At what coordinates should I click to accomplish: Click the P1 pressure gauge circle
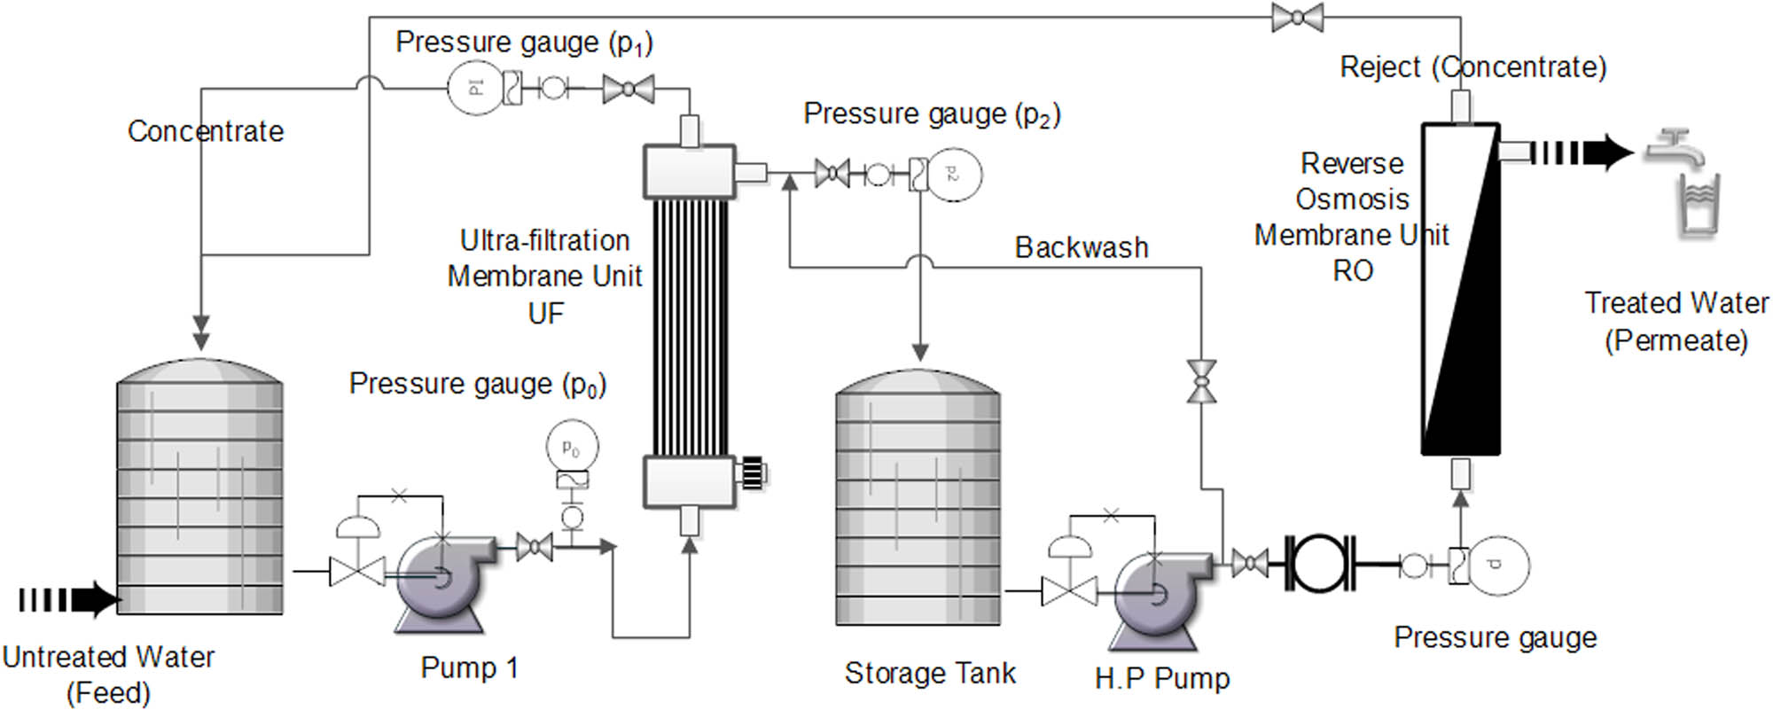[473, 88]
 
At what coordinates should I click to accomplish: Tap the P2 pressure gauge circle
[954, 174]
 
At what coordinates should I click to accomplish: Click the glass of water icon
[1698, 207]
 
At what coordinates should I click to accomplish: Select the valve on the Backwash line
[1202, 382]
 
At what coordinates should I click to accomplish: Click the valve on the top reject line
[1297, 17]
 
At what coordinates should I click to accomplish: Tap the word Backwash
[1081, 247]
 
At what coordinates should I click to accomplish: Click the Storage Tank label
[929, 674]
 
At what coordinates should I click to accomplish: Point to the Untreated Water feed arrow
[69, 600]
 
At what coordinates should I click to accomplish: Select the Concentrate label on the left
[206, 131]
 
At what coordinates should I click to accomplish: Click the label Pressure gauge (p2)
[931, 114]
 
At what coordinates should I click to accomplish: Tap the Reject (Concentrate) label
[1472, 67]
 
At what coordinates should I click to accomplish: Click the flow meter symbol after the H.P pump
[1320, 563]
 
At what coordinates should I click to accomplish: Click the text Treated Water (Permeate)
[1675, 321]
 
